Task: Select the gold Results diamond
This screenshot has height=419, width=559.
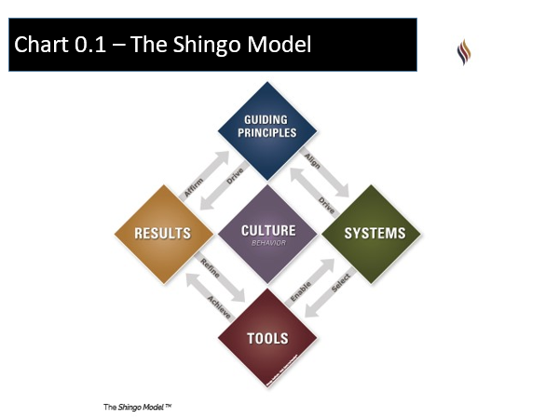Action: coord(162,232)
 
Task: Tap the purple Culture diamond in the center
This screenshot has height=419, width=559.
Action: coord(268,233)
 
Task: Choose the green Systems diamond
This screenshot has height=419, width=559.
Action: coord(375,232)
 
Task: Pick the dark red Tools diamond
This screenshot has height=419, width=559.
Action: coord(269,338)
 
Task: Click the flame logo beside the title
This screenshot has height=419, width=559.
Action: coord(463,50)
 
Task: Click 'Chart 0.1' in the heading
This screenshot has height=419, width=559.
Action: coord(60,44)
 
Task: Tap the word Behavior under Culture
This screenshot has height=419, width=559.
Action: coord(268,242)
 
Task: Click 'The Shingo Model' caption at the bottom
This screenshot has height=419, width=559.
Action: coord(137,407)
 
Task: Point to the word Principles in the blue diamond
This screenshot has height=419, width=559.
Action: coord(269,132)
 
